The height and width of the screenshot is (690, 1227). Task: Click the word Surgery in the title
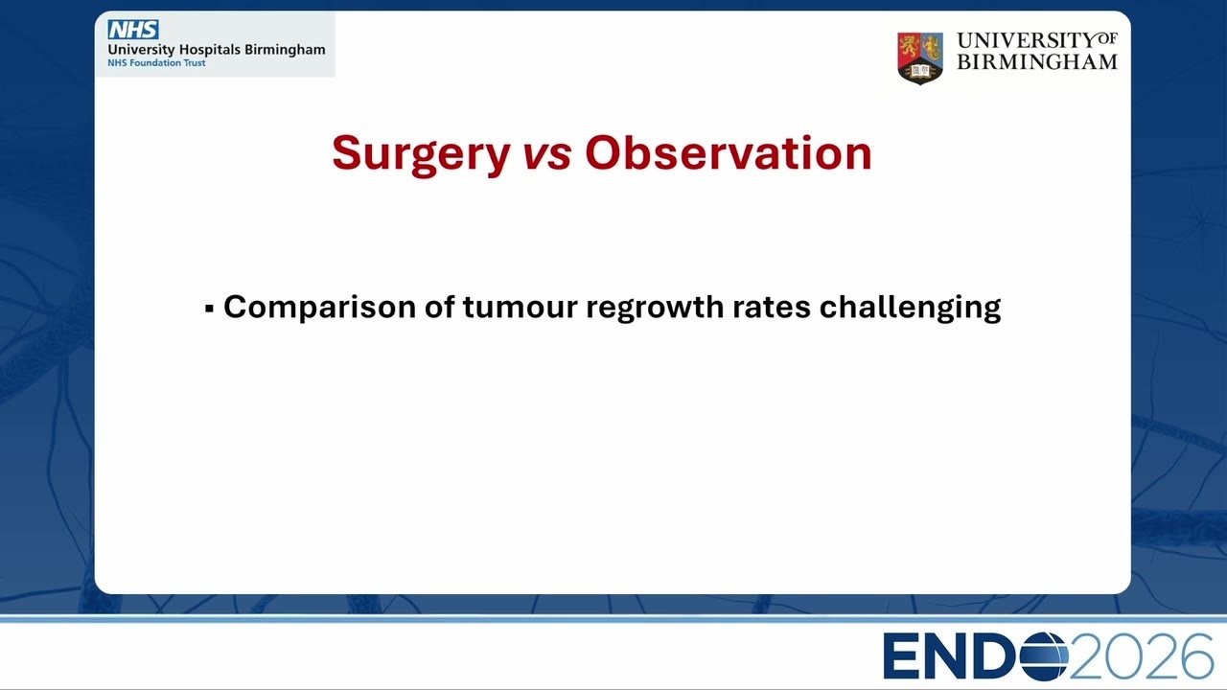[421, 155]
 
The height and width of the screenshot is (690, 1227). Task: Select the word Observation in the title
[728, 152]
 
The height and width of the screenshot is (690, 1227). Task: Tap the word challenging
[910, 309]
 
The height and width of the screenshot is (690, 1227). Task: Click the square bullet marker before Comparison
[209, 309]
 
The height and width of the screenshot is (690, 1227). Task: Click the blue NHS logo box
[133, 30]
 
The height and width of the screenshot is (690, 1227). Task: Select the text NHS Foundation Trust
[156, 63]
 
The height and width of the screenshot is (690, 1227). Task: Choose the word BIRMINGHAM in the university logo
[1037, 62]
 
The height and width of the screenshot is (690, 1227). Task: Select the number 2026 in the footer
[1141, 656]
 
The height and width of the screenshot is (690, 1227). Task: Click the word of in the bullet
[440, 306]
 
